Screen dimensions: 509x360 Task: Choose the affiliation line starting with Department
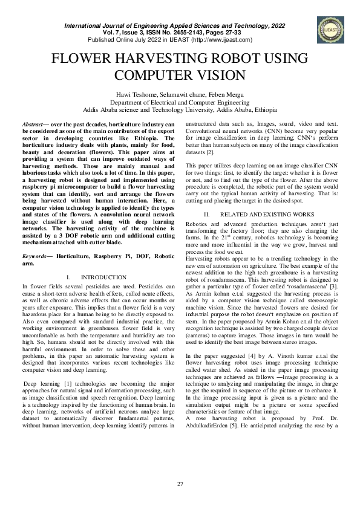[x=180, y=103]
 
